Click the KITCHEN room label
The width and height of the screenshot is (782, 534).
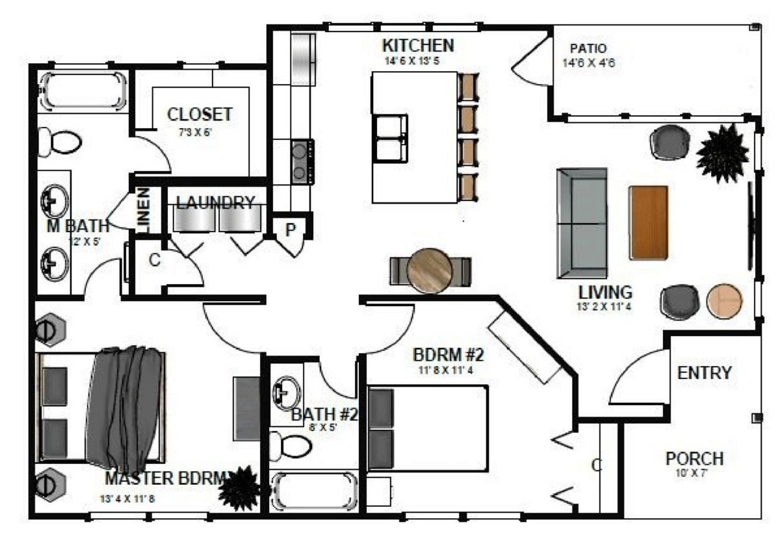coord(419,46)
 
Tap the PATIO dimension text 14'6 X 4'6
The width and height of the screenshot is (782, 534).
coord(589,63)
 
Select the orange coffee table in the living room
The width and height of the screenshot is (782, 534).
coord(649,223)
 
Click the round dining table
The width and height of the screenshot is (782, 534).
coord(430,271)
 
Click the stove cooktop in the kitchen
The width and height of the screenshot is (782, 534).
coord(303,162)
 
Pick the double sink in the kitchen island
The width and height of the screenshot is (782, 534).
coord(390,138)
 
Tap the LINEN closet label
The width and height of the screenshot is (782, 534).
coord(144,211)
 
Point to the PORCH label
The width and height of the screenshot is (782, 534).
coord(695,459)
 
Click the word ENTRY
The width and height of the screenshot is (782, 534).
coord(704,373)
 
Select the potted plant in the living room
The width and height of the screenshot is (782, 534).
coord(722,153)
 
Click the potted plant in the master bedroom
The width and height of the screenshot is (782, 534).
coord(239,488)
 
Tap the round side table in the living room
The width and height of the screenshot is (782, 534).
coord(725,301)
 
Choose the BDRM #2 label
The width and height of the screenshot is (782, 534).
coord(448,356)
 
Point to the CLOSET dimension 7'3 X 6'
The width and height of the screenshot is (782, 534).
coord(195,133)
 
